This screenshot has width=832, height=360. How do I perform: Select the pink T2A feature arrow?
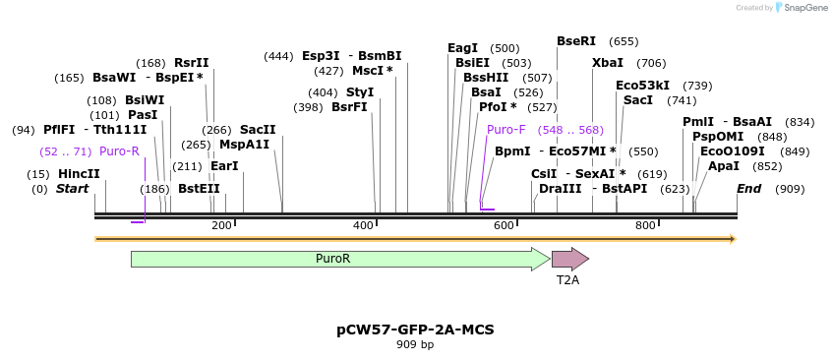click(x=568, y=259)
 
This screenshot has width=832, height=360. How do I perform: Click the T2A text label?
click(x=568, y=280)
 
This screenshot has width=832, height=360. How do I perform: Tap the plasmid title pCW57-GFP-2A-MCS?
click(x=415, y=330)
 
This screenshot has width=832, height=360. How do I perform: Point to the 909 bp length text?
click(x=415, y=345)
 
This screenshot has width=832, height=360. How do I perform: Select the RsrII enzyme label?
click(x=192, y=63)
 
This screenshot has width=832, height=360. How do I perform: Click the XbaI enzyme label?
click(x=608, y=63)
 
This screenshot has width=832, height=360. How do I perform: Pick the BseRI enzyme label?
click(x=576, y=41)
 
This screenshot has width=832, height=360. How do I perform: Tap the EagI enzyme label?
click(x=462, y=48)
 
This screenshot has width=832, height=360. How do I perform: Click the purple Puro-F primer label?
click(x=506, y=130)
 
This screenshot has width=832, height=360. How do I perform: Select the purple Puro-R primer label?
click(x=119, y=151)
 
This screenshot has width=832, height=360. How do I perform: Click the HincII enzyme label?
click(x=79, y=174)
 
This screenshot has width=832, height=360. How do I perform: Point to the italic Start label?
click(x=72, y=189)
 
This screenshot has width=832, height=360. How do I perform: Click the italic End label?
click(x=749, y=189)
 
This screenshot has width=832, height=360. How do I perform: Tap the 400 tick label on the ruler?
click(x=363, y=226)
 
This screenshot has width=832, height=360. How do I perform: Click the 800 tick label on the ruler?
click(x=645, y=226)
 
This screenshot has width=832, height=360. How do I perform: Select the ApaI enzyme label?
click(x=724, y=166)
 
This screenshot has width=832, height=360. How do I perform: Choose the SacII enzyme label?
click(x=258, y=130)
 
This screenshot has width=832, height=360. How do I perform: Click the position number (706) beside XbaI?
click(x=651, y=63)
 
